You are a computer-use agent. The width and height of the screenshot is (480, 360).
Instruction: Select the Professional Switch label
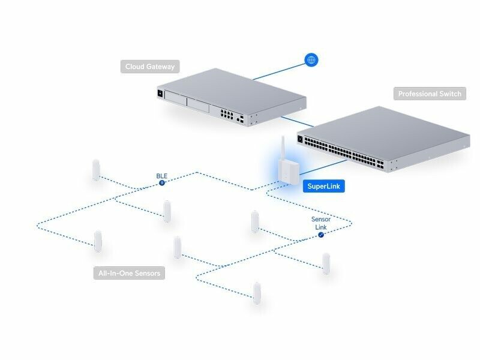430,94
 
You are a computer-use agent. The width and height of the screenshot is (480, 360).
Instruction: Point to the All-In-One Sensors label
129,274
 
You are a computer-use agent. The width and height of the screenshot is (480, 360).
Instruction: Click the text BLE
162,176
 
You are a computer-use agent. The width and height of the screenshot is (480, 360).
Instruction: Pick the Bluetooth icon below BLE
162,182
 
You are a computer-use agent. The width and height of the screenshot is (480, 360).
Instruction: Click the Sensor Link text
321,223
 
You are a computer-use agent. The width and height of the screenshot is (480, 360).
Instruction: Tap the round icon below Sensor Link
321,235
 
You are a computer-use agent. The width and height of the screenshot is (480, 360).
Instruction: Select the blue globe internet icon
311,59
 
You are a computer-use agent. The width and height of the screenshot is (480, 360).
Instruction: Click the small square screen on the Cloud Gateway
160,94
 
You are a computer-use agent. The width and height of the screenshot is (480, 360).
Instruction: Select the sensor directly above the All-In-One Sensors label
97,241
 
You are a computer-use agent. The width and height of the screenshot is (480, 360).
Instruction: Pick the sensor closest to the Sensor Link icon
326,263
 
